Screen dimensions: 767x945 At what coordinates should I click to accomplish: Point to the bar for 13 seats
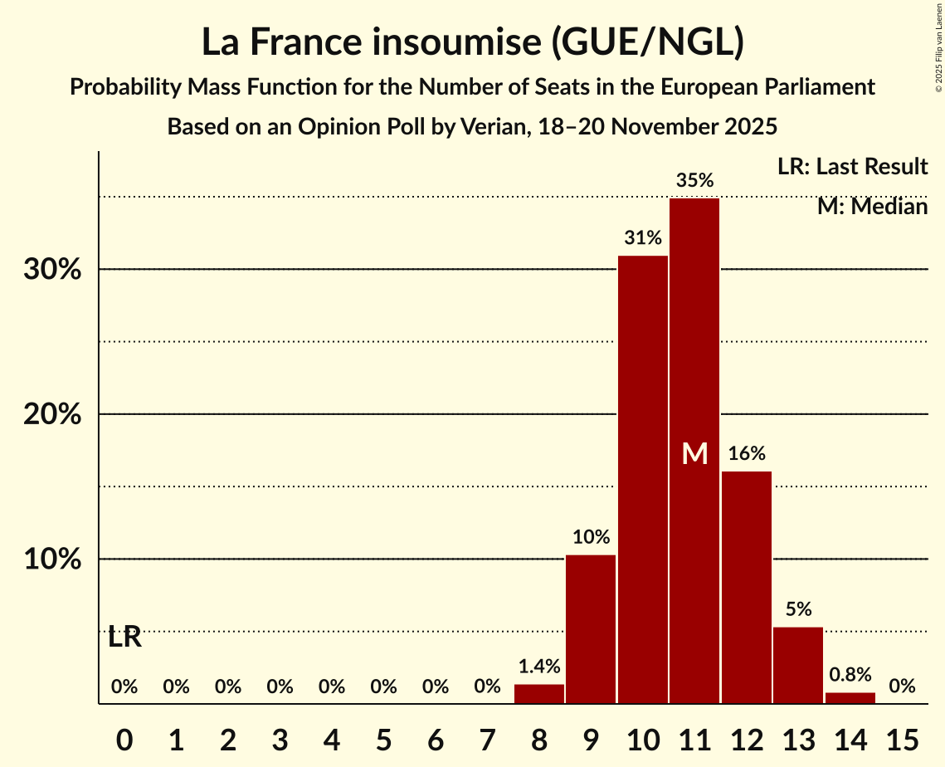click(798, 665)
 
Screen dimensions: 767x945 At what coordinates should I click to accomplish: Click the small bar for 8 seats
click(539, 694)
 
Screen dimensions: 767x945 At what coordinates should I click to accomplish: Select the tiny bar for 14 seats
click(850, 698)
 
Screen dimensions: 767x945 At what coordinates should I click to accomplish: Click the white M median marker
click(694, 453)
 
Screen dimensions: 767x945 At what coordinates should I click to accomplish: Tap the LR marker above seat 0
click(124, 638)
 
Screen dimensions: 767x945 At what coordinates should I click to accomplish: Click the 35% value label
click(694, 180)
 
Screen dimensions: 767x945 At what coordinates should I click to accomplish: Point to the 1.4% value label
click(539, 666)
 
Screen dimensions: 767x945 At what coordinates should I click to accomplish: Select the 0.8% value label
click(850, 674)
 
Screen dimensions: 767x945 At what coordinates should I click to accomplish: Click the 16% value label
click(747, 453)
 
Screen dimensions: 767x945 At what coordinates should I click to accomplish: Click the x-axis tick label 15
click(902, 738)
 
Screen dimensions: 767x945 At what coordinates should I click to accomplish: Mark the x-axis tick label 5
click(383, 738)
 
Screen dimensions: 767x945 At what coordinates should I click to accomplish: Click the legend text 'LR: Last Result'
click(852, 167)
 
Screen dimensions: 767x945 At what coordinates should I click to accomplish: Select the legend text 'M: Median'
click(872, 206)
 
